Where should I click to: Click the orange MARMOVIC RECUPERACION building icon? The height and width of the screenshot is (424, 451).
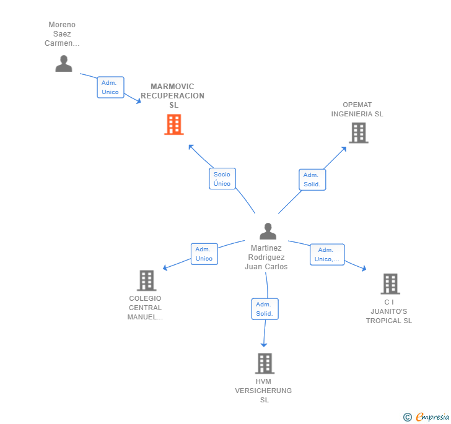pyautogui.click(x=174, y=124)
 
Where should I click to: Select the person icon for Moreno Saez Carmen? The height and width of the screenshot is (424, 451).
pyautogui.click(x=64, y=64)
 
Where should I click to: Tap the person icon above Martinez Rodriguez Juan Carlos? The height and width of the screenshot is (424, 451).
pyautogui.click(x=268, y=231)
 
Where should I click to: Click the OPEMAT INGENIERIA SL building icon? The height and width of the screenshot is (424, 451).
pyautogui.click(x=359, y=133)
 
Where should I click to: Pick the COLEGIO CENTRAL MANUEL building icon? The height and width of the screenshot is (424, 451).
pyautogui.click(x=147, y=280)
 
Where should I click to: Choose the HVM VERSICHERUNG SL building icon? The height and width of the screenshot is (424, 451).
pyautogui.click(x=265, y=363)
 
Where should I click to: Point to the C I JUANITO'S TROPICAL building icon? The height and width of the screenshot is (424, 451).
pyautogui.click(x=390, y=283)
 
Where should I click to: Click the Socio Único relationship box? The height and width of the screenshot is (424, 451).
pyautogui.click(x=222, y=178)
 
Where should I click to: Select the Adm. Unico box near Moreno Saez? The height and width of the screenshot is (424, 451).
pyautogui.click(x=110, y=87)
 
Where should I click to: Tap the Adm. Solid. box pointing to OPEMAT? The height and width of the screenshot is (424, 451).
pyautogui.click(x=312, y=180)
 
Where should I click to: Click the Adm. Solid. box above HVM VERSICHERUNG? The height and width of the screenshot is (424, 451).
pyautogui.click(x=265, y=309)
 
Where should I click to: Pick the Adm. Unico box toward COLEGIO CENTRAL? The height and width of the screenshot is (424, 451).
pyautogui.click(x=204, y=254)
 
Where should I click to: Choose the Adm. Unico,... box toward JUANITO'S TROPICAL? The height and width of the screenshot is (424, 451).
pyautogui.click(x=327, y=254)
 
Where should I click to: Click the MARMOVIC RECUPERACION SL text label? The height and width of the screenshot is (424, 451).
pyautogui.click(x=173, y=96)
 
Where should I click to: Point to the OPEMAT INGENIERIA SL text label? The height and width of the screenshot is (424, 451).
pyautogui.click(x=357, y=109)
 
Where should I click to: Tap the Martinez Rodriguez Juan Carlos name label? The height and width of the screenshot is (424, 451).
pyautogui.click(x=266, y=257)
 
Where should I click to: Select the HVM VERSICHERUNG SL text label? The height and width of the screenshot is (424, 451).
pyautogui.click(x=263, y=391)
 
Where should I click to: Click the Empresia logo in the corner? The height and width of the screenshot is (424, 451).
pyautogui.click(x=426, y=417)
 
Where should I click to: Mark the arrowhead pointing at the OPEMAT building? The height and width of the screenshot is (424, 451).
pyautogui.click(x=344, y=149)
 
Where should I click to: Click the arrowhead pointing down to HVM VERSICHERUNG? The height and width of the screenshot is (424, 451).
pyautogui.click(x=264, y=345)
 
